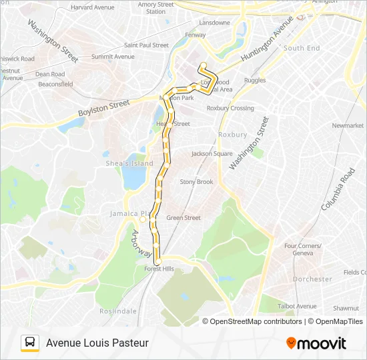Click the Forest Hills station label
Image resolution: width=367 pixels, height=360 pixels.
[159, 269]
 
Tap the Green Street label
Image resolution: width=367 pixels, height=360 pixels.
[183, 217]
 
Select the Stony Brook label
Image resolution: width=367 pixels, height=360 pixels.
[196, 181]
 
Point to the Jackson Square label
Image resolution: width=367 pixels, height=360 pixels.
[212, 153]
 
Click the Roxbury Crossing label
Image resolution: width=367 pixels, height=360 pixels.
[230, 108]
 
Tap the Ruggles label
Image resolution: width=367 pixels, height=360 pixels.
[255, 80]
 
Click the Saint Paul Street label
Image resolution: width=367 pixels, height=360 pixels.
[146, 45]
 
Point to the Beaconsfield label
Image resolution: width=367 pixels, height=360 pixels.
[55, 85]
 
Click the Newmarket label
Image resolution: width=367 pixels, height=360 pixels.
[348, 125]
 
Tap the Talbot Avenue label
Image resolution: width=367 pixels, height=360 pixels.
[298, 306]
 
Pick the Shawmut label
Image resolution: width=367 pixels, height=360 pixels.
[346, 308]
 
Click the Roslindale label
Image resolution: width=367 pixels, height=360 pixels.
[117, 311]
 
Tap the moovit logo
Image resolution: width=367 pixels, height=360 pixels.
[316, 343]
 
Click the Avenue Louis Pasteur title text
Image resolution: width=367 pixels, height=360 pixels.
[97, 343]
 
